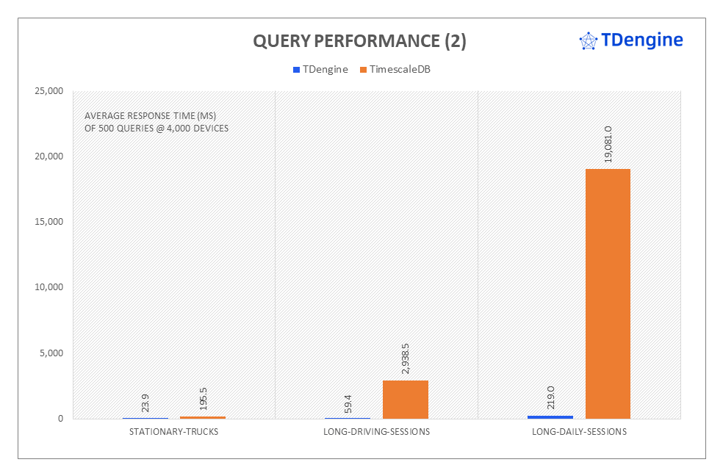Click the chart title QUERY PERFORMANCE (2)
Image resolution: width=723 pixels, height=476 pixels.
coord(359,42)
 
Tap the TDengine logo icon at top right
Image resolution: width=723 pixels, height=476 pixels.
coord(589,41)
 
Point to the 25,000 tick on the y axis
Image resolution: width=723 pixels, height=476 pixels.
coord(48,91)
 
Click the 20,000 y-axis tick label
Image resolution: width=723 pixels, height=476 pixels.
coord(48,156)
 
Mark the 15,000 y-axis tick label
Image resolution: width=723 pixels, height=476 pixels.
coord(48,222)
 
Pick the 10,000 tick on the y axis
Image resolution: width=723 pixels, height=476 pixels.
coord(48,287)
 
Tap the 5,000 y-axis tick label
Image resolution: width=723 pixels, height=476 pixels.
coord(51,353)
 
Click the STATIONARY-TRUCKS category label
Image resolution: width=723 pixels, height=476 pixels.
coord(173,432)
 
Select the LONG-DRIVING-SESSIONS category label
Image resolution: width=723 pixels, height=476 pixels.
coord(376,432)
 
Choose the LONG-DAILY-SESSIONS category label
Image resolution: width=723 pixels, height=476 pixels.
coord(579,432)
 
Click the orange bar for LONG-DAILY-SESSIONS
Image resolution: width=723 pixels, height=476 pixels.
coord(608,294)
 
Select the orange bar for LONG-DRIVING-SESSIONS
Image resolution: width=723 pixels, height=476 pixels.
coord(405,400)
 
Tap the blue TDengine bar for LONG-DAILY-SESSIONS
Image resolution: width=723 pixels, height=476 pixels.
coord(550,416)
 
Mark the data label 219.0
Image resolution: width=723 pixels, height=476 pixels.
coord(550,398)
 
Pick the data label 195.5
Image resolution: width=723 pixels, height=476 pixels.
coord(202,402)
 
